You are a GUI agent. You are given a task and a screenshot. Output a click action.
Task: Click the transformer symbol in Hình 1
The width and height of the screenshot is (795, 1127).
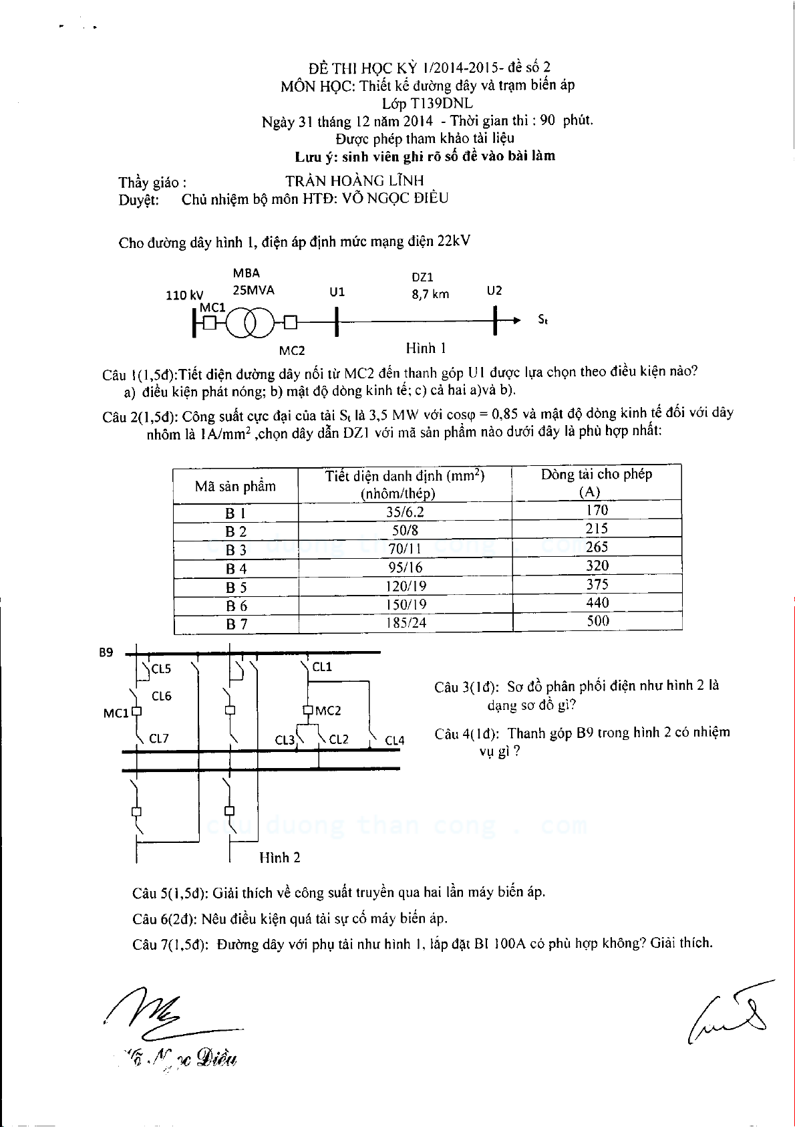pyautogui.click(x=250, y=324)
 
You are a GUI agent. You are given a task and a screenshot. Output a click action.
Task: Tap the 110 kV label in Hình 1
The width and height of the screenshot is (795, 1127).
pyautogui.click(x=184, y=295)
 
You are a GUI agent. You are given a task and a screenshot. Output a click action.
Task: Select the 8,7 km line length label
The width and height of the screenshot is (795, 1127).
pyautogui.click(x=430, y=293)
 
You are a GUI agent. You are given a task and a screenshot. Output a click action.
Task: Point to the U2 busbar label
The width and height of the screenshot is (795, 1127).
pyautogui.click(x=494, y=290)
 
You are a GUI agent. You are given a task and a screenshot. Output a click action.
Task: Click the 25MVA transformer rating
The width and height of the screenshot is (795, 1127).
pyautogui.click(x=253, y=290)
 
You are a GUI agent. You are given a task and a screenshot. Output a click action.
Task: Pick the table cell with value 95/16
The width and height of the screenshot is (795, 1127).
pyautogui.click(x=404, y=568)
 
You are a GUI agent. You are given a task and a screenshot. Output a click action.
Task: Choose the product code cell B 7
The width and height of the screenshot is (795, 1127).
pyautogui.click(x=236, y=624)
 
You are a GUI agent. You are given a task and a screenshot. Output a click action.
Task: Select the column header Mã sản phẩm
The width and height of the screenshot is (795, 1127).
pyautogui.click(x=235, y=486)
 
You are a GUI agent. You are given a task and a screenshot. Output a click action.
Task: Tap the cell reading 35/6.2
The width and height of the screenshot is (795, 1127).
pyautogui.click(x=404, y=512)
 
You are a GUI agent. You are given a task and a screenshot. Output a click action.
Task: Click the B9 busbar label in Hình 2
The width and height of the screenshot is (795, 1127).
pyautogui.click(x=106, y=652)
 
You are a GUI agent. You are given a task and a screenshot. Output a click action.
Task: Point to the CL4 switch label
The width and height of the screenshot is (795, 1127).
pyautogui.click(x=395, y=740)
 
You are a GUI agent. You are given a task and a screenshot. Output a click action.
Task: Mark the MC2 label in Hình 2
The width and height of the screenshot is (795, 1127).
pyautogui.click(x=328, y=711)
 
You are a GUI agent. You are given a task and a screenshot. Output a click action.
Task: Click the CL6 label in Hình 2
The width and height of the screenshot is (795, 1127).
pyautogui.click(x=162, y=696)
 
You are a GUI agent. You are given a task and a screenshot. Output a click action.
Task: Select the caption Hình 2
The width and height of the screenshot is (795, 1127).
pyautogui.click(x=280, y=857)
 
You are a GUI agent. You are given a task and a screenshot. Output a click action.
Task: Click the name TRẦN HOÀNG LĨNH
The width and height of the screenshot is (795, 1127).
pyautogui.click(x=354, y=180)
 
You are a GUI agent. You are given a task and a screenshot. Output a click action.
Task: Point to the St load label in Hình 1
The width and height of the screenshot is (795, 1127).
pyautogui.click(x=543, y=320)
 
